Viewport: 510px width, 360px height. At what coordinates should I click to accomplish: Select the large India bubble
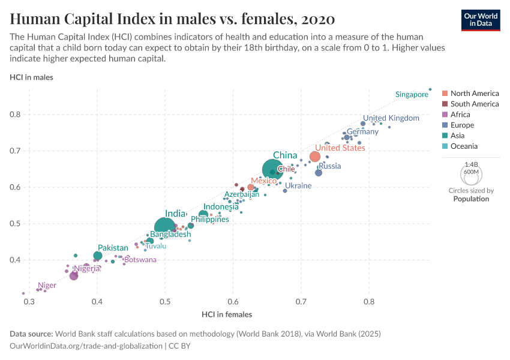tap(165, 227)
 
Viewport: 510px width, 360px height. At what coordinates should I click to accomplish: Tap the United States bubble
tap(315, 157)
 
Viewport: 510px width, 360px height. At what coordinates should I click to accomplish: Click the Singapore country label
tap(412, 94)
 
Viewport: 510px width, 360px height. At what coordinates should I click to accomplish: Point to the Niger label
tap(47, 286)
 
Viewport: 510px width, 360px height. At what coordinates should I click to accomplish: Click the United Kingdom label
tap(391, 118)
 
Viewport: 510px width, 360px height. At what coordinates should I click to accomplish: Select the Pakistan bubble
tap(98, 256)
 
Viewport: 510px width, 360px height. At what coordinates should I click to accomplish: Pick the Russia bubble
tap(319, 173)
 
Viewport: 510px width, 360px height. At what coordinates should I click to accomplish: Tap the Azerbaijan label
tap(242, 194)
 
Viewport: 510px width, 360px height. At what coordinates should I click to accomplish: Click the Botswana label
tap(140, 260)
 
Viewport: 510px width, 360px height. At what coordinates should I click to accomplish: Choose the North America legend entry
tap(474, 94)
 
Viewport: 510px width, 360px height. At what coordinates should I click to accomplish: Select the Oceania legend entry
tap(466, 146)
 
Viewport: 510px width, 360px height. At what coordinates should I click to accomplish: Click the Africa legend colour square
tap(445, 115)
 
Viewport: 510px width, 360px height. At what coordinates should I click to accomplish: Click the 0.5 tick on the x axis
tap(165, 301)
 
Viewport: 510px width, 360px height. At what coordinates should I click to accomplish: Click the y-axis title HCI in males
tap(31, 77)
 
